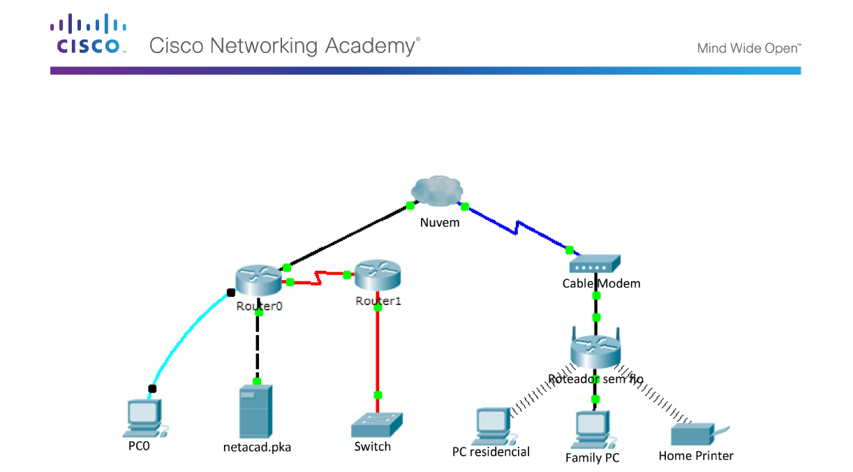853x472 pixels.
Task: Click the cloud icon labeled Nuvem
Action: (437, 192)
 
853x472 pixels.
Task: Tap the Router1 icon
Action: (378, 274)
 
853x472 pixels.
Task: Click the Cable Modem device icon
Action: (595, 264)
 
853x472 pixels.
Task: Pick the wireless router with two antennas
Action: (595, 348)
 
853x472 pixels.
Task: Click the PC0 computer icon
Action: (144, 418)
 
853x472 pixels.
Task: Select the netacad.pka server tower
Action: (253, 412)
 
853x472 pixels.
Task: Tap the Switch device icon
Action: (378, 425)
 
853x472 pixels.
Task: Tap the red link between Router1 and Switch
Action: (378, 349)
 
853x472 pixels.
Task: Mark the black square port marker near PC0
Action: (152, 388)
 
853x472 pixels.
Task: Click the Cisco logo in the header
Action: (88, 35)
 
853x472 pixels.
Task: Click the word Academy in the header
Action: (371, 46)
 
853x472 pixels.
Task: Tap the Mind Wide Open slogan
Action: (748, 49)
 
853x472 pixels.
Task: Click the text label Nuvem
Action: (440, 223)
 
